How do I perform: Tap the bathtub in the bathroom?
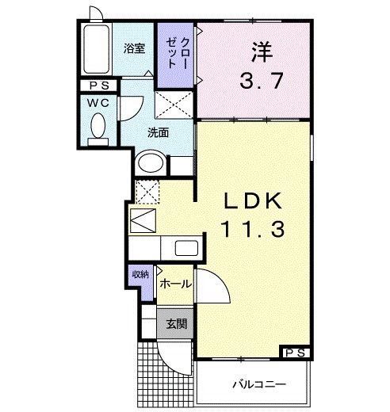(98, 49)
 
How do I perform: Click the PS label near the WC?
(98, 86)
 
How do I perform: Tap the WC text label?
(98, 103)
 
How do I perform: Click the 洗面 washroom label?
(158, 132)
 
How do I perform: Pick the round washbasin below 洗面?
(151, 164)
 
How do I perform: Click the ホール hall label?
(174, 283)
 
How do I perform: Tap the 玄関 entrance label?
(176, 323)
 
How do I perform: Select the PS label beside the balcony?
(295, 353)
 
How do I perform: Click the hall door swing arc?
(212, 285)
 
